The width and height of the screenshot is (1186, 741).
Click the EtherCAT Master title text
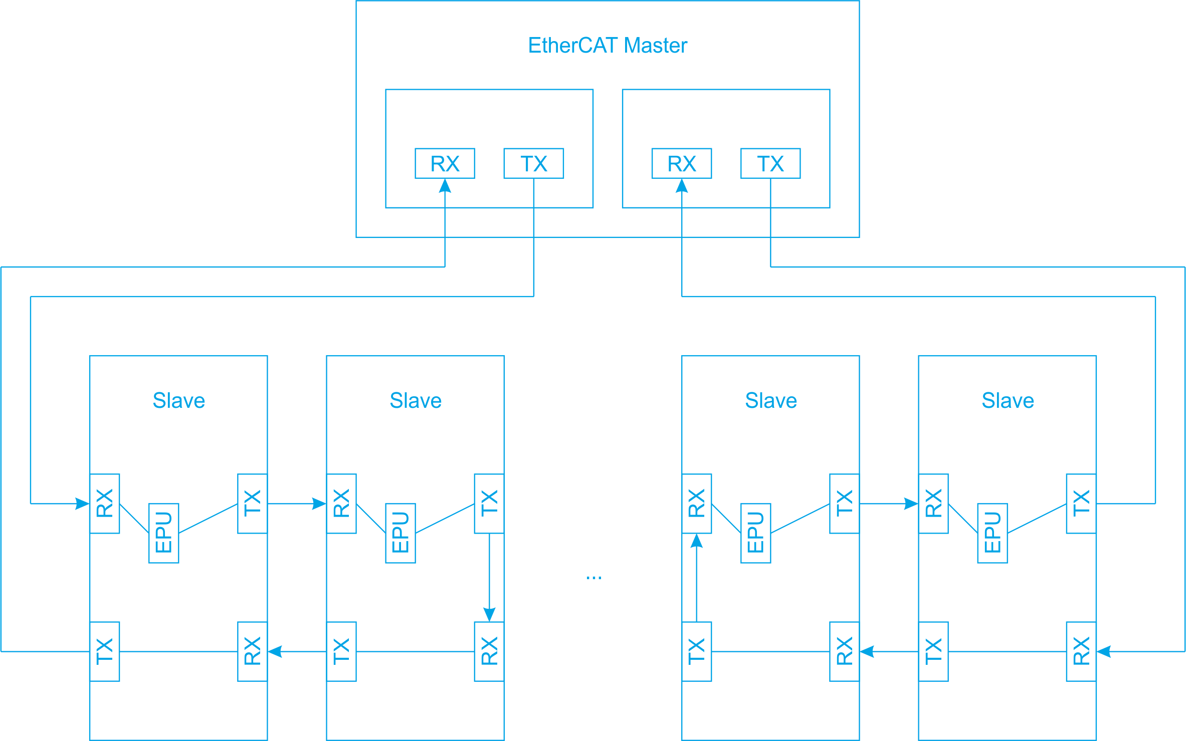coord(607,46)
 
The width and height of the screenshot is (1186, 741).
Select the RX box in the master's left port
coord(445,163)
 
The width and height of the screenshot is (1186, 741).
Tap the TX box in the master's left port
coord(533,163)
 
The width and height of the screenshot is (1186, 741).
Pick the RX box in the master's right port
coord(681,163)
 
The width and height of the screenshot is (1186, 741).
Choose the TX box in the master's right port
coord(770,163)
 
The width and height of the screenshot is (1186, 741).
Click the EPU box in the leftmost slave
coord(163,533)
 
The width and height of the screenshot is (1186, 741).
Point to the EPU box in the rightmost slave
coord(992,533)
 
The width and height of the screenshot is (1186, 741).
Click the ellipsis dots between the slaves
coord(594,578)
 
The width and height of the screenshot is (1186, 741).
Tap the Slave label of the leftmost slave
coord(178,400)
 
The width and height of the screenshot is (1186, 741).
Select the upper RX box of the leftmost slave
coord(104,503)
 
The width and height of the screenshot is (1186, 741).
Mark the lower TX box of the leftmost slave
coord(104,651)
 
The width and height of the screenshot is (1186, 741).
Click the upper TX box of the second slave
coord(489,503)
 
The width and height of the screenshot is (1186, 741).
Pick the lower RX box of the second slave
coord(489,651)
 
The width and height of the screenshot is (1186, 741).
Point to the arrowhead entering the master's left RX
coord(445,186)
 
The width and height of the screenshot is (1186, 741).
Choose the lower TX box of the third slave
coord(696,651)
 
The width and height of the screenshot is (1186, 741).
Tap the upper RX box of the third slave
coord(696,503)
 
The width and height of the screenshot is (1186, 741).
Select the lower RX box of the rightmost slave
coord(1081,651)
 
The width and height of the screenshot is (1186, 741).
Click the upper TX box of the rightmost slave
coord(1081,503)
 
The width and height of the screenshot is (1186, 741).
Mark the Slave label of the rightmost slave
coord(1007,400)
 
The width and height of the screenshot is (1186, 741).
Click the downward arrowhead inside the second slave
coord(489,614)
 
